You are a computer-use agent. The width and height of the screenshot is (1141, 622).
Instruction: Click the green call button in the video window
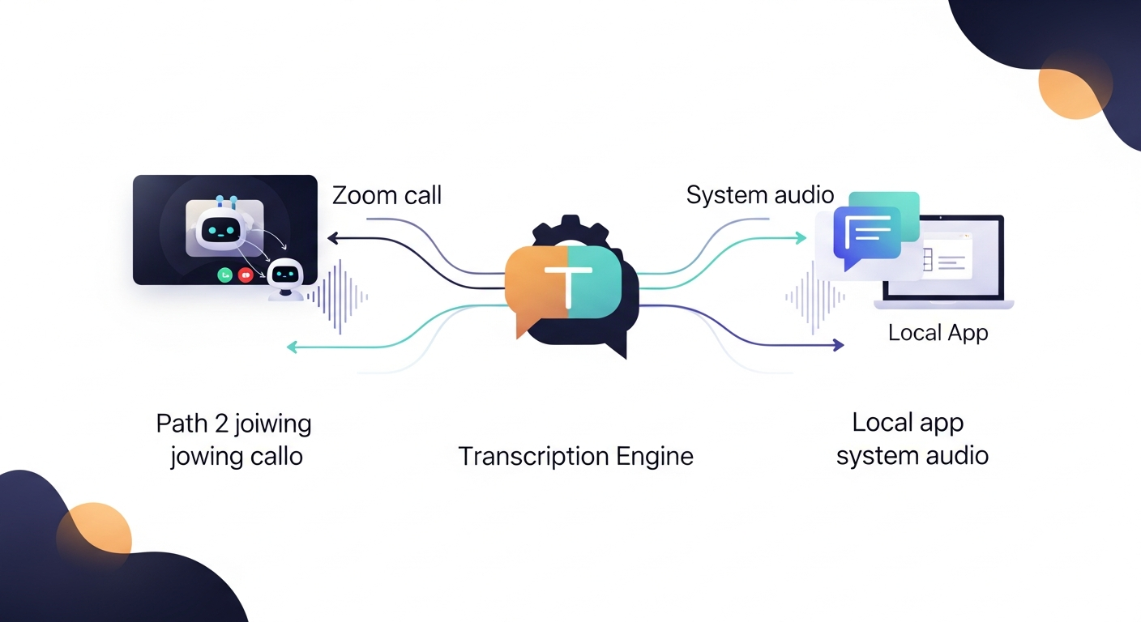[x=225, y=275]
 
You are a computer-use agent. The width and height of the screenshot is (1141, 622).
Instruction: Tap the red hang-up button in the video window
[x=246, y=275]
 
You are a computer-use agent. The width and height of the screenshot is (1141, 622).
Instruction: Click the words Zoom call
[x=387, y=195]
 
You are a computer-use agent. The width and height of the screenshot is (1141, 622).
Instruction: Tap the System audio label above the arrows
[x=759, y=194]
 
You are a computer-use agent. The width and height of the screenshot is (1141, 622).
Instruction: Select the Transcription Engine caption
[x=575, y=456]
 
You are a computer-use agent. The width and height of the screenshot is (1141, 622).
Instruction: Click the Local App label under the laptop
[x=938, y=332]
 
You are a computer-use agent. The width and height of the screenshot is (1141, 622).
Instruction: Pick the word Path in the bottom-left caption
[x=181, y=423]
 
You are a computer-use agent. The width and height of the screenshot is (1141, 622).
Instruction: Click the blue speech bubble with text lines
[x=866, y=234]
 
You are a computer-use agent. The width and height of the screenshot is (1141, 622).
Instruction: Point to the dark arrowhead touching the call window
[x=331, y=238]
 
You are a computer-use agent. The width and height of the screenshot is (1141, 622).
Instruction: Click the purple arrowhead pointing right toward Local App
[x=837, y=345]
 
